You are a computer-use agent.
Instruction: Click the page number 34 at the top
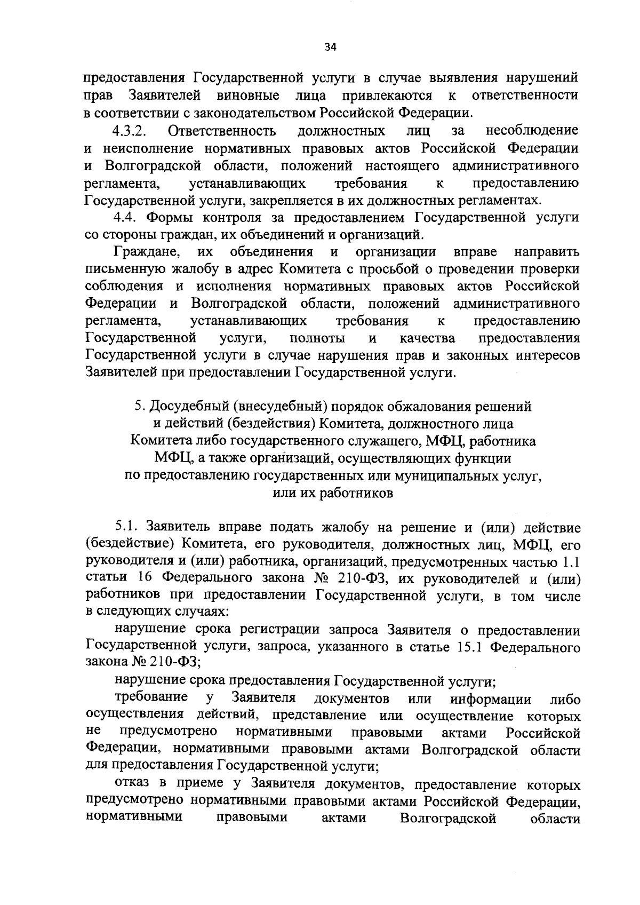(x=331, y=47)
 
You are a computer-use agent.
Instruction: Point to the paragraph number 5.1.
(x=126, y=528)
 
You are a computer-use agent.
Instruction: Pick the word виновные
(x=248, y=96)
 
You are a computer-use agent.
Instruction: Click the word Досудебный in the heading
(x=187, y=407)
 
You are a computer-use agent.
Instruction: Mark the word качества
(x=427, y=339)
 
